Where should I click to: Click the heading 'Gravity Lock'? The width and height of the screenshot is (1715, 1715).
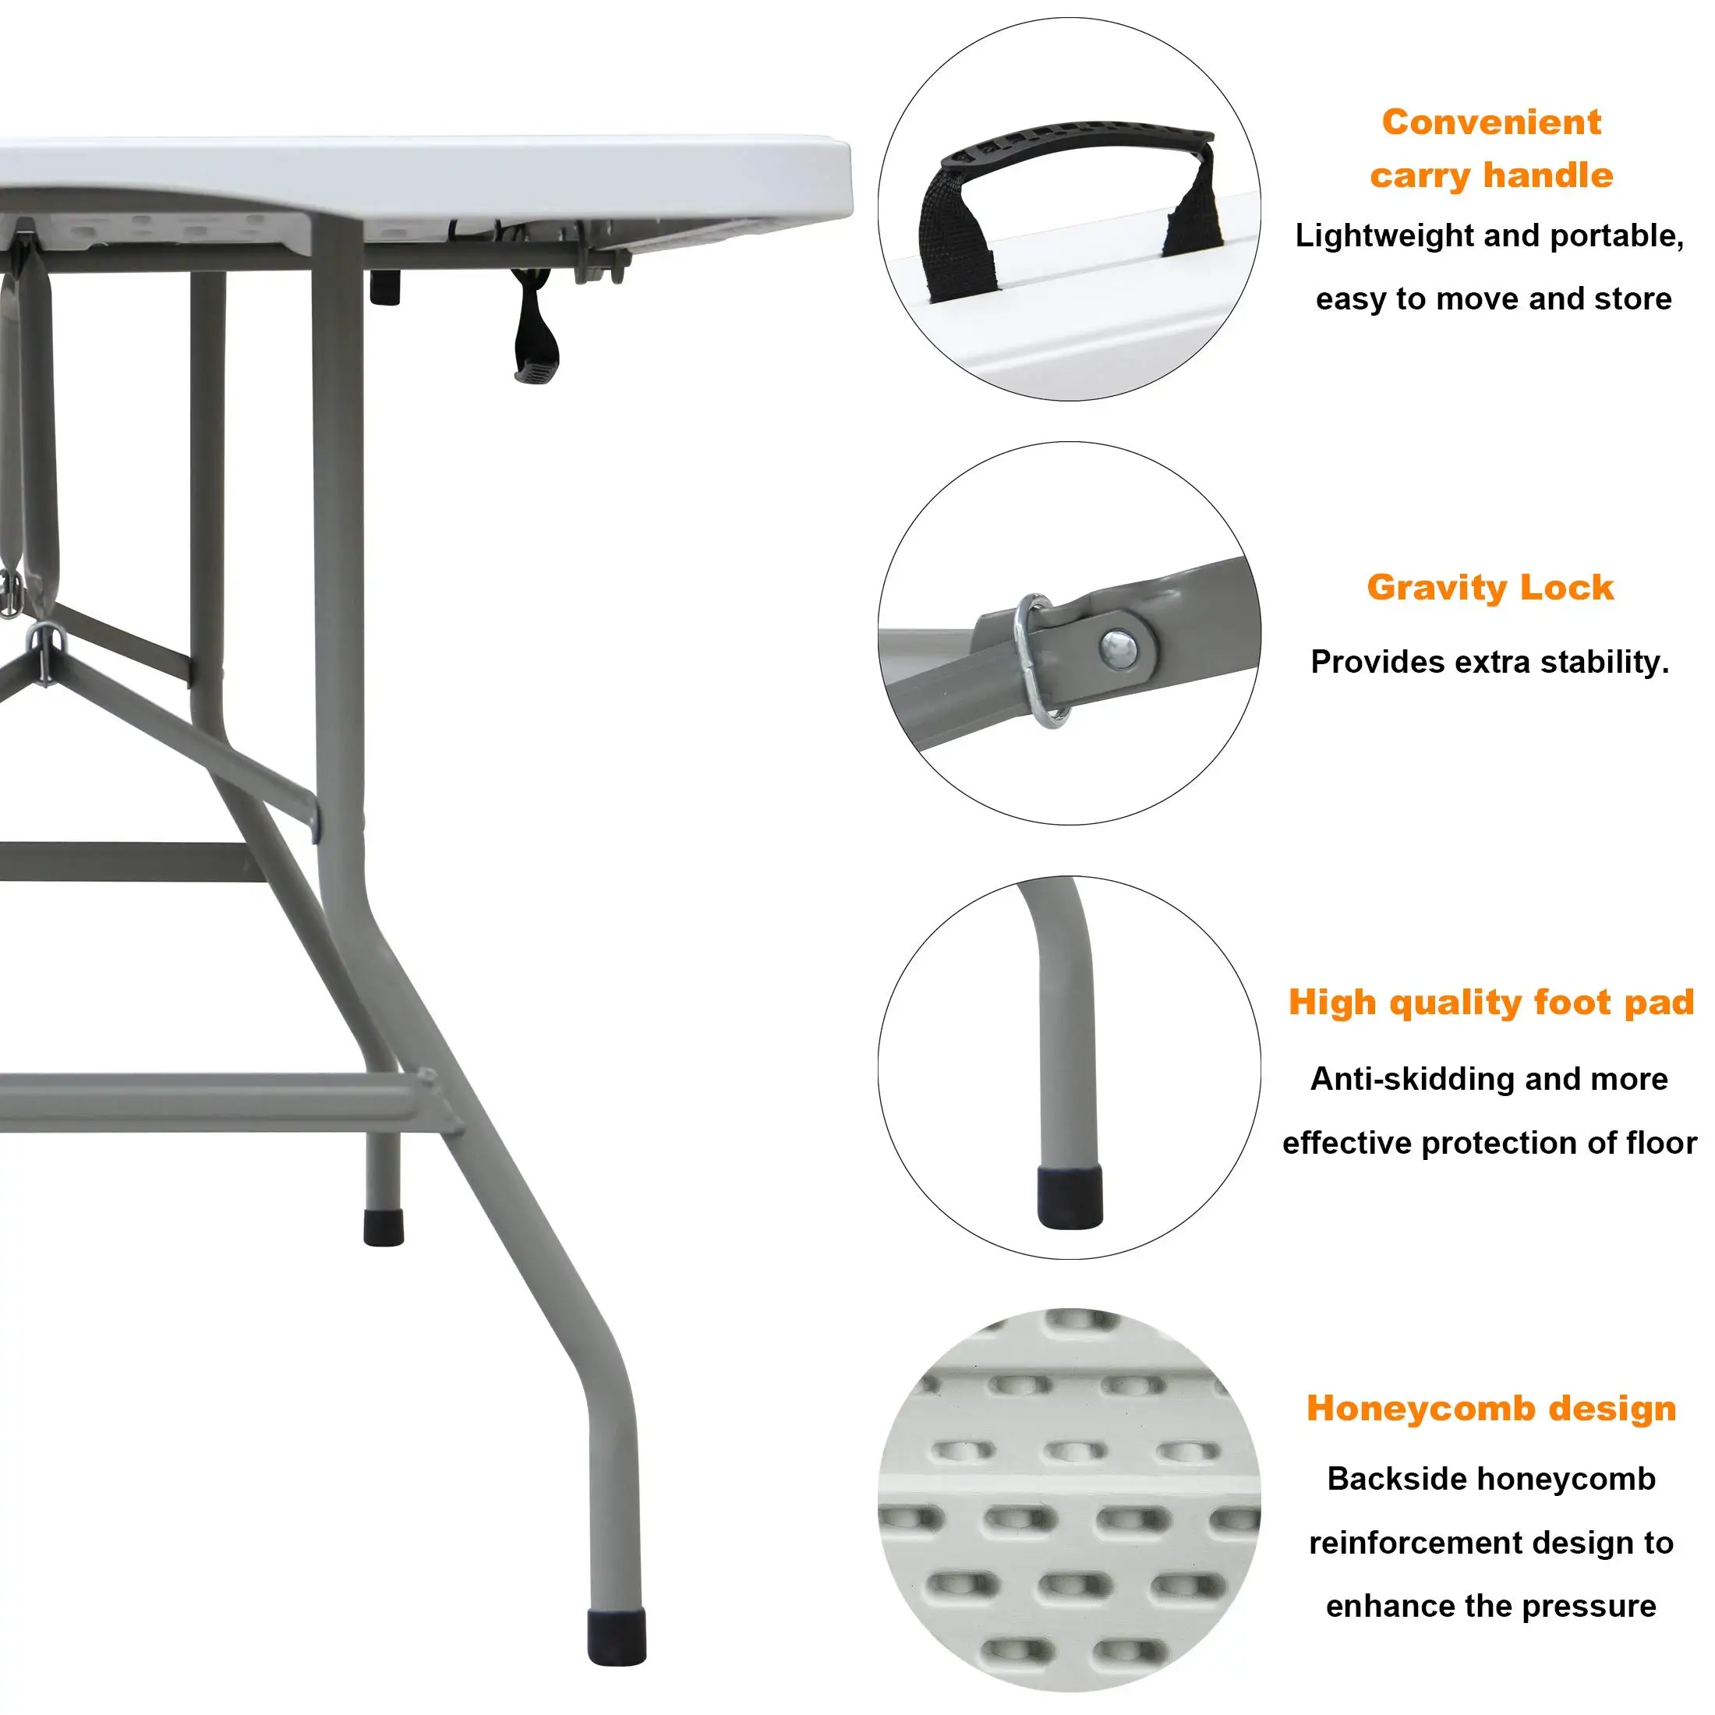tap(1490, 589)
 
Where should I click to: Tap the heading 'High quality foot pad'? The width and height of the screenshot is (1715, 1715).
tap(1491, 1002)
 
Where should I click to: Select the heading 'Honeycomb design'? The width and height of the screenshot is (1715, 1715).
tap(1491, 1409)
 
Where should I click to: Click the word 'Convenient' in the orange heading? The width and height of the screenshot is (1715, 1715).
tap(1491, 122)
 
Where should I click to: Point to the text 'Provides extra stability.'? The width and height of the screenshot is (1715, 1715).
tap(1490, 662)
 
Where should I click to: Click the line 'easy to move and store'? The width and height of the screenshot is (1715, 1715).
tap(1493, 299)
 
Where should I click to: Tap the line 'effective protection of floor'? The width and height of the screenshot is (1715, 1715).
tap(1490, 1143)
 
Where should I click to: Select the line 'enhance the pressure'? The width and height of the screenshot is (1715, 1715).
tap(1491, 1606)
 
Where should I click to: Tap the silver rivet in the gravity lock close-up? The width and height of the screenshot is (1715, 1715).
tap(1120, 648)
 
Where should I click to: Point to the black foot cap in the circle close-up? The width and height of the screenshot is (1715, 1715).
tap(1070, 1197)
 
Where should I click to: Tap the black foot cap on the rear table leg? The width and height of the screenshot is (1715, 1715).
tap(384, 1226)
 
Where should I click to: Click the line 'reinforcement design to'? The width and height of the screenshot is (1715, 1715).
tap(1491, 1543)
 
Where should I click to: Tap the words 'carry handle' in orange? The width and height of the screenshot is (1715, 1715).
tap(1491, 175)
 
